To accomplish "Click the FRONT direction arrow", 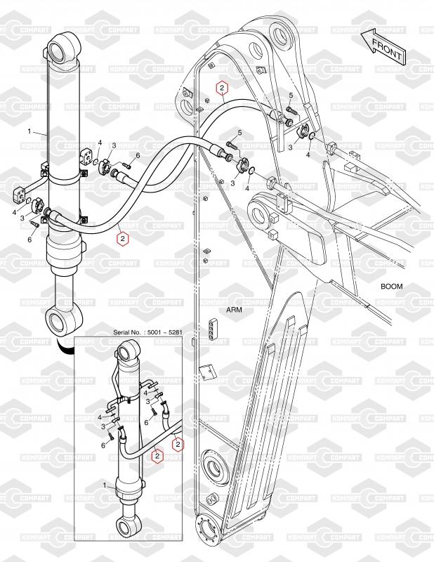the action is pos(383,46).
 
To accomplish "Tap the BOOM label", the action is pos(391,287).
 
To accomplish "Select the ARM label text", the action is pos(234,310).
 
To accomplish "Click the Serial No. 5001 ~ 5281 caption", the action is pos(147,332).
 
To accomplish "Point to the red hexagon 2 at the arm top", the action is pos(222,87).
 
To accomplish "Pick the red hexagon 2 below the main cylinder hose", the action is pos(123,239).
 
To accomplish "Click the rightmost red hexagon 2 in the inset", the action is pos(178,445).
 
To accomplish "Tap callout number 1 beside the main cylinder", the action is pos(29,131).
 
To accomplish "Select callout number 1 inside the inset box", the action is pos(105,485).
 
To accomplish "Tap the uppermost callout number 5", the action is pos(291,96).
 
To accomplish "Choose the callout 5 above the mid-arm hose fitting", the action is pos(239,133).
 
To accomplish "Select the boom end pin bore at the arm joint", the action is pos(258,213).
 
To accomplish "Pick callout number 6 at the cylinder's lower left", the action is pos(29,240).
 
